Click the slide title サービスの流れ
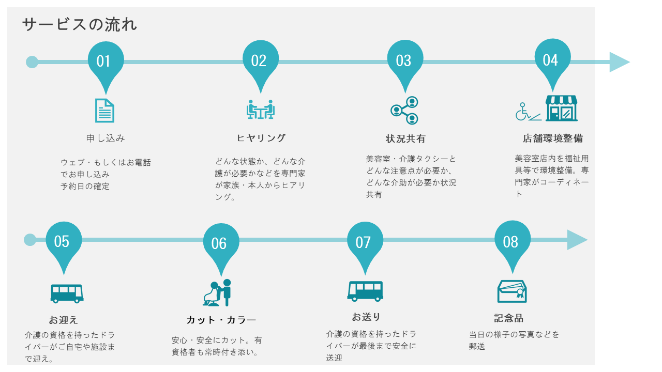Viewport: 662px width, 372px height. [x=80, y=24]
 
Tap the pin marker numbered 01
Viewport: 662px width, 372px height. [x=106, y=61]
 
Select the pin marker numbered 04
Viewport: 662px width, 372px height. [x=552, y=60]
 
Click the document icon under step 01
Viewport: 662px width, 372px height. [x=104, y=110]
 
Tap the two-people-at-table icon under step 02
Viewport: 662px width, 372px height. [x=261, y=110]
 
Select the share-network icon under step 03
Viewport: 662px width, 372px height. [x=404, y=110]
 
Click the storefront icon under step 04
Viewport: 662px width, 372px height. [x=561, y=108]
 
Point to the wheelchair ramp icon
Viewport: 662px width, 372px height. [x=528, y=112]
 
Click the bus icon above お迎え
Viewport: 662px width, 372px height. [x=67, y=293]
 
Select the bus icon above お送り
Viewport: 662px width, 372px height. [x=365, y=291]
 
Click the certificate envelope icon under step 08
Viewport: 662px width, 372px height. [x=511, y=291]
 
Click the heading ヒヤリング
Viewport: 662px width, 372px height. [x=261, y=138]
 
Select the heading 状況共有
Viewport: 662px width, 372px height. [x=405, y=139]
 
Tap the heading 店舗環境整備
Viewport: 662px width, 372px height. [x=552, y=138]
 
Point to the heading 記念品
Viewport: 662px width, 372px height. [x=508, y=318]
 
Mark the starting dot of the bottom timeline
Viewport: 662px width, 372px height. [x=30, y=240]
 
